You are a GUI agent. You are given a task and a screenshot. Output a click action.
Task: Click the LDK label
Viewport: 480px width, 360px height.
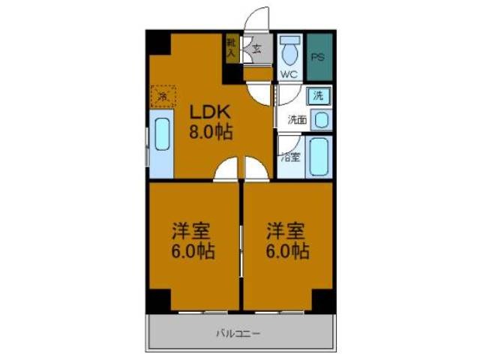[210, 113]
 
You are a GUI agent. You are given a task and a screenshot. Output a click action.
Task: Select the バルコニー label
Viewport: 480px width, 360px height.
[239, 332]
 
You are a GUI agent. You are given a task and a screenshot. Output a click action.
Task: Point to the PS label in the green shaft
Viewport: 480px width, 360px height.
[318, 56]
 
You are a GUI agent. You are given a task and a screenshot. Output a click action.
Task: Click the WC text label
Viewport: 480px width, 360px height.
[289, 74]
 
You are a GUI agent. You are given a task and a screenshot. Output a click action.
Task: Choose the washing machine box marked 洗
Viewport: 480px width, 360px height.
[318, 96]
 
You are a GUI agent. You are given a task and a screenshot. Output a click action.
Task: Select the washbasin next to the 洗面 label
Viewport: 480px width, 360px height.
[319, 119]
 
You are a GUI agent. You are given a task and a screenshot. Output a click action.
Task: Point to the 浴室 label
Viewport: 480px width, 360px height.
[290, 157]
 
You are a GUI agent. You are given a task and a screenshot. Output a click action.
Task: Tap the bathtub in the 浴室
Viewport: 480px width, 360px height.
[319, 157]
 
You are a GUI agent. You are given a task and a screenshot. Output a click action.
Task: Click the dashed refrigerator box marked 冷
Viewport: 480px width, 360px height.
[163, 95]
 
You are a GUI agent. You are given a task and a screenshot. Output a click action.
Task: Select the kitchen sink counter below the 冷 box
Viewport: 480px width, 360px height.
[162, 145]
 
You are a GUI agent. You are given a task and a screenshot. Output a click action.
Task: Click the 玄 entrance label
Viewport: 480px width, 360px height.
[256, 51]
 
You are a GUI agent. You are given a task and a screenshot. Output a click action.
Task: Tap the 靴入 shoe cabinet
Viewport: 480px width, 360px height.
[231, 47]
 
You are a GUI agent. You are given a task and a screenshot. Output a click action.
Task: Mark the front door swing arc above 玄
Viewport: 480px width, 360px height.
[257, 19]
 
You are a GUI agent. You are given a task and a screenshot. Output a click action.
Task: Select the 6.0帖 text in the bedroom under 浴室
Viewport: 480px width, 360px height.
[286, 251]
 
